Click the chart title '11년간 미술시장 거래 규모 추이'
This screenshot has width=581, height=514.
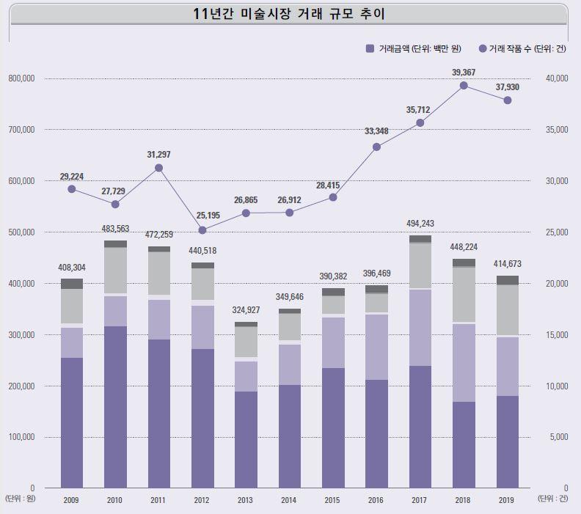coord(290,14)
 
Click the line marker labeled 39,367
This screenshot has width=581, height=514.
coord(464,85)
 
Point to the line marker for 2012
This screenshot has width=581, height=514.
coord(202,230)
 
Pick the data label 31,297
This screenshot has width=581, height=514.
coord(159,155)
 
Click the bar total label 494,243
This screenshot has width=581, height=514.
coord(420,224)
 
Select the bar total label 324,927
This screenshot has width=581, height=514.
coord(246,309)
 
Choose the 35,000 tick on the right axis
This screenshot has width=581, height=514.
coord(558,130)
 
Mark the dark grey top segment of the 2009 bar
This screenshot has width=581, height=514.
coord(72,284)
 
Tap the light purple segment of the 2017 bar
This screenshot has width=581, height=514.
coord(420,327)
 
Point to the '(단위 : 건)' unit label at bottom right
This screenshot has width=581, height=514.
coord(552,499)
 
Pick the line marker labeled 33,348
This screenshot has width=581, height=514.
coord(376,147)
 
